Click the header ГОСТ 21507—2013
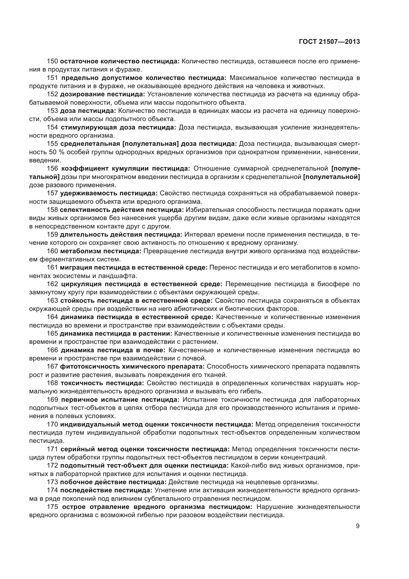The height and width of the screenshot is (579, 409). pos(329,42)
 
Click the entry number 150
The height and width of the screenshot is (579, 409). pos(52,61)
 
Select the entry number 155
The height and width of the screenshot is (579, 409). pos(52,144)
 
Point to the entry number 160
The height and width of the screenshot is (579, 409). pos(52,251)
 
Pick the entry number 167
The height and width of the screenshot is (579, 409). pos(52,366)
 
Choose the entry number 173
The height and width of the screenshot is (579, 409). pos(52,482)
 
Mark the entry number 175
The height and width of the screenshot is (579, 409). pos(52,507)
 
